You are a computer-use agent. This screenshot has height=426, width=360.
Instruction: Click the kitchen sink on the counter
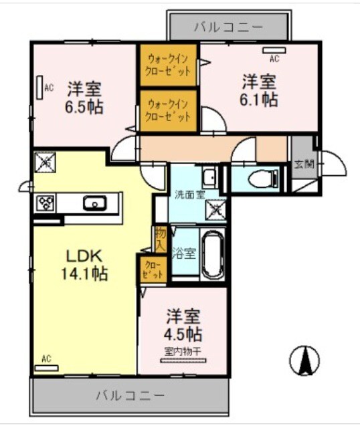94,203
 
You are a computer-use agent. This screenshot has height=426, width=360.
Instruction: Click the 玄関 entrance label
303,164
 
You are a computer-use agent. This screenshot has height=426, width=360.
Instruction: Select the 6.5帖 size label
85,107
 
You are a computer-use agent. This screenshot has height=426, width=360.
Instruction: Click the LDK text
84,257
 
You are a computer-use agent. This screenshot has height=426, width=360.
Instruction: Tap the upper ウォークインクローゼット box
169,65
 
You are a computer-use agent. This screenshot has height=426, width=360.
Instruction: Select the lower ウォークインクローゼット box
169,110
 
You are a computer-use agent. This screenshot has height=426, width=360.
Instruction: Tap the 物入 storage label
161,239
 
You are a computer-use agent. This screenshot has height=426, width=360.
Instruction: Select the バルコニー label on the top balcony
229,27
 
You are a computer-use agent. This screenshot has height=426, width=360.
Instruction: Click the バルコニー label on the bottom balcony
129,395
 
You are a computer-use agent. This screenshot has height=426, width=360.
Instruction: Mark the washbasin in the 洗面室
209,179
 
